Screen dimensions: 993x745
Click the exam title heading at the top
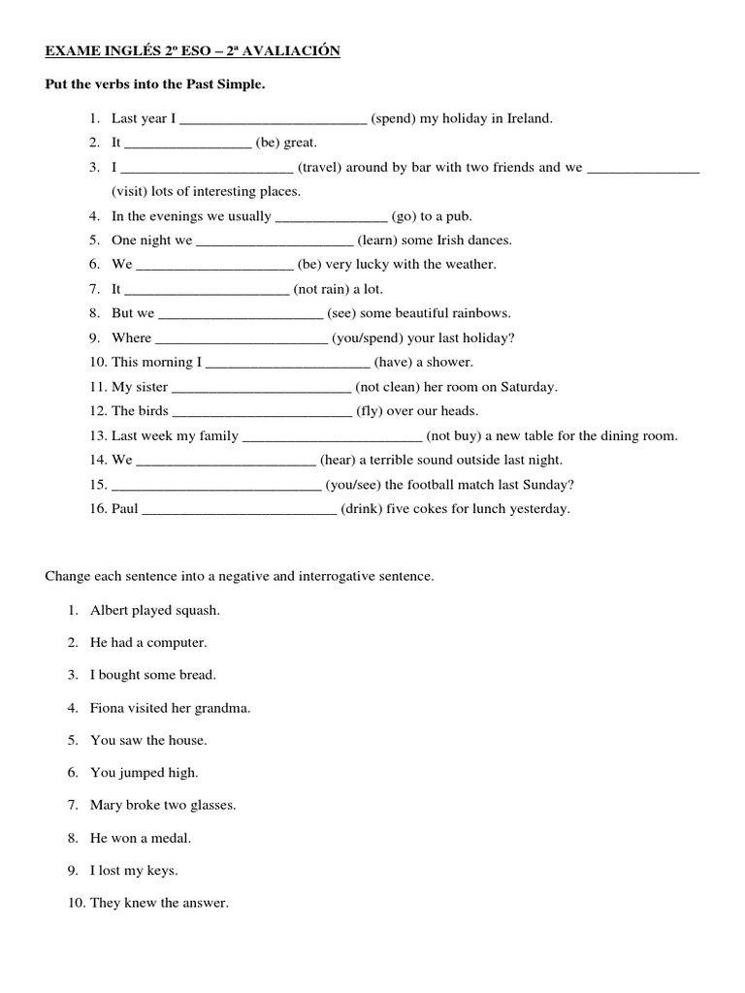coord(193,51)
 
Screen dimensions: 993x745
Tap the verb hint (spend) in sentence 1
coord(393,118)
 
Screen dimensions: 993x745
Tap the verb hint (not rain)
coord(322,289)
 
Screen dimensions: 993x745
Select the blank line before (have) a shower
coord(288,363)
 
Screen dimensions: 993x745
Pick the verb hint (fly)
coord(370,411)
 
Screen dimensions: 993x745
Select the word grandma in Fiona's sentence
coord(226,708)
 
